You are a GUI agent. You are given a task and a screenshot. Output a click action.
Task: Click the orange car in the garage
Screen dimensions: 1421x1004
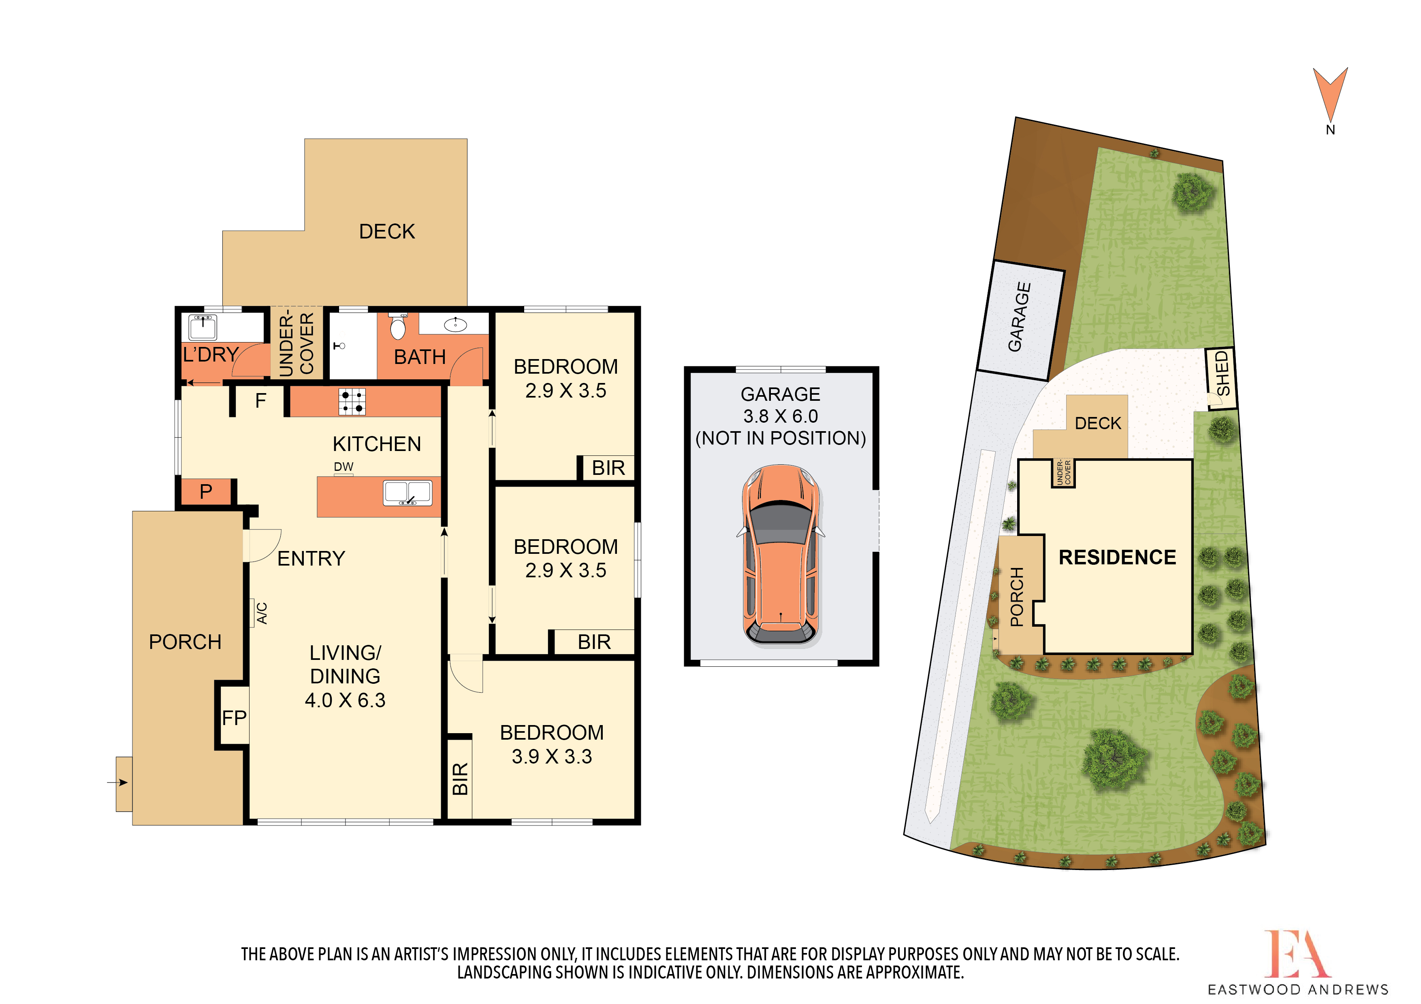781,555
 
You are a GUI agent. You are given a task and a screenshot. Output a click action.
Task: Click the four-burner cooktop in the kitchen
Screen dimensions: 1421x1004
352,402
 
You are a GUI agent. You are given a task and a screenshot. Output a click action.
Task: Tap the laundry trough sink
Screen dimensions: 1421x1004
203,327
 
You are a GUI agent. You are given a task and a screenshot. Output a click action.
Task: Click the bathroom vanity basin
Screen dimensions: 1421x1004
456,324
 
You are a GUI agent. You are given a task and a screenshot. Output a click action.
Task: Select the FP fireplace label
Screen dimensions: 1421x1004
235,718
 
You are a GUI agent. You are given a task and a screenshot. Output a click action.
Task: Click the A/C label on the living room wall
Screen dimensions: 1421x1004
262,613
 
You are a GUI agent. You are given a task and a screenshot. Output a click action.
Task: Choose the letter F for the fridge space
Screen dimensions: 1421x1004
260,401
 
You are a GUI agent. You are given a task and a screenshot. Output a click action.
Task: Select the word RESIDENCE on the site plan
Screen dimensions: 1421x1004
1117,557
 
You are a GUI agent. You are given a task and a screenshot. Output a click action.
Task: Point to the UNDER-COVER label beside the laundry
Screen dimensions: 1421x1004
297,343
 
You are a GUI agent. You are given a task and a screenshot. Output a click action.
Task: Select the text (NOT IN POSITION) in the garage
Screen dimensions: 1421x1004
781,438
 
